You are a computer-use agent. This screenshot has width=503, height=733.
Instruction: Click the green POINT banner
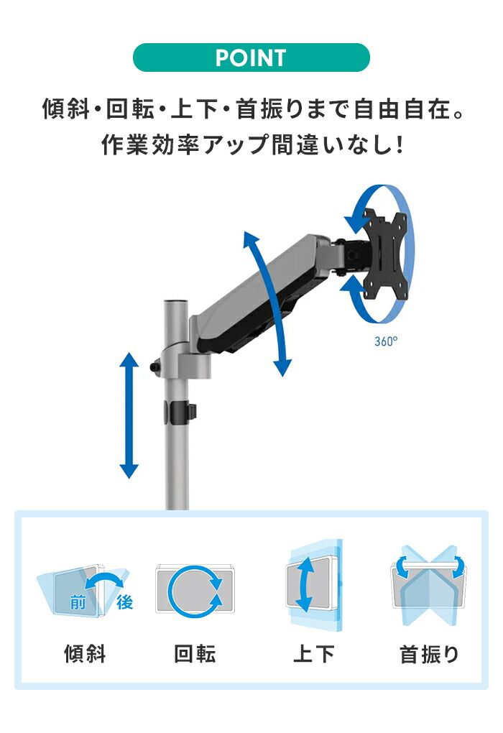pos(251,57)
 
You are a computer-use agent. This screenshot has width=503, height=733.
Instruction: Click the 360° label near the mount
pos(386,341)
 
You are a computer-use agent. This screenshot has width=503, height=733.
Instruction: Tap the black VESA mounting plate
pos(384,255)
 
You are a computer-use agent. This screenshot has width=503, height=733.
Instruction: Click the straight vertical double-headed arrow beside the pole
pos(129,415)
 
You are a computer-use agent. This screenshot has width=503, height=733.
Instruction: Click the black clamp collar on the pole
pos(180,412)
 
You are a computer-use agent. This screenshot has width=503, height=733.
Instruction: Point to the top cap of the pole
pos(175,302)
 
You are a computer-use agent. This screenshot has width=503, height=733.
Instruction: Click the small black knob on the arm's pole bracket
pos(155,366)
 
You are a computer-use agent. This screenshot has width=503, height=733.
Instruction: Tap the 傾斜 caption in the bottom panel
pos(85,653)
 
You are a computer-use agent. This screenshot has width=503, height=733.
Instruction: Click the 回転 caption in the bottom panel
pos(195,653)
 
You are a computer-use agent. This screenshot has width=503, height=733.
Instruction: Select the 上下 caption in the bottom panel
pos(314,653)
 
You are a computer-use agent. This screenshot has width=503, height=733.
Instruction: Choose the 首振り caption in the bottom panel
pos(429,654)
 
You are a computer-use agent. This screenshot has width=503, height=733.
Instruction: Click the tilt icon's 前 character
pos(78,602)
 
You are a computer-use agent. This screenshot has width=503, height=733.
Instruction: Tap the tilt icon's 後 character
pos(125,602)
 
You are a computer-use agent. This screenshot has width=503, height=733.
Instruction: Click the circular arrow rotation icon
pos(195,591)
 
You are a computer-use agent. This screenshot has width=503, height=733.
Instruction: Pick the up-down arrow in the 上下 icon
pos(305,585)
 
